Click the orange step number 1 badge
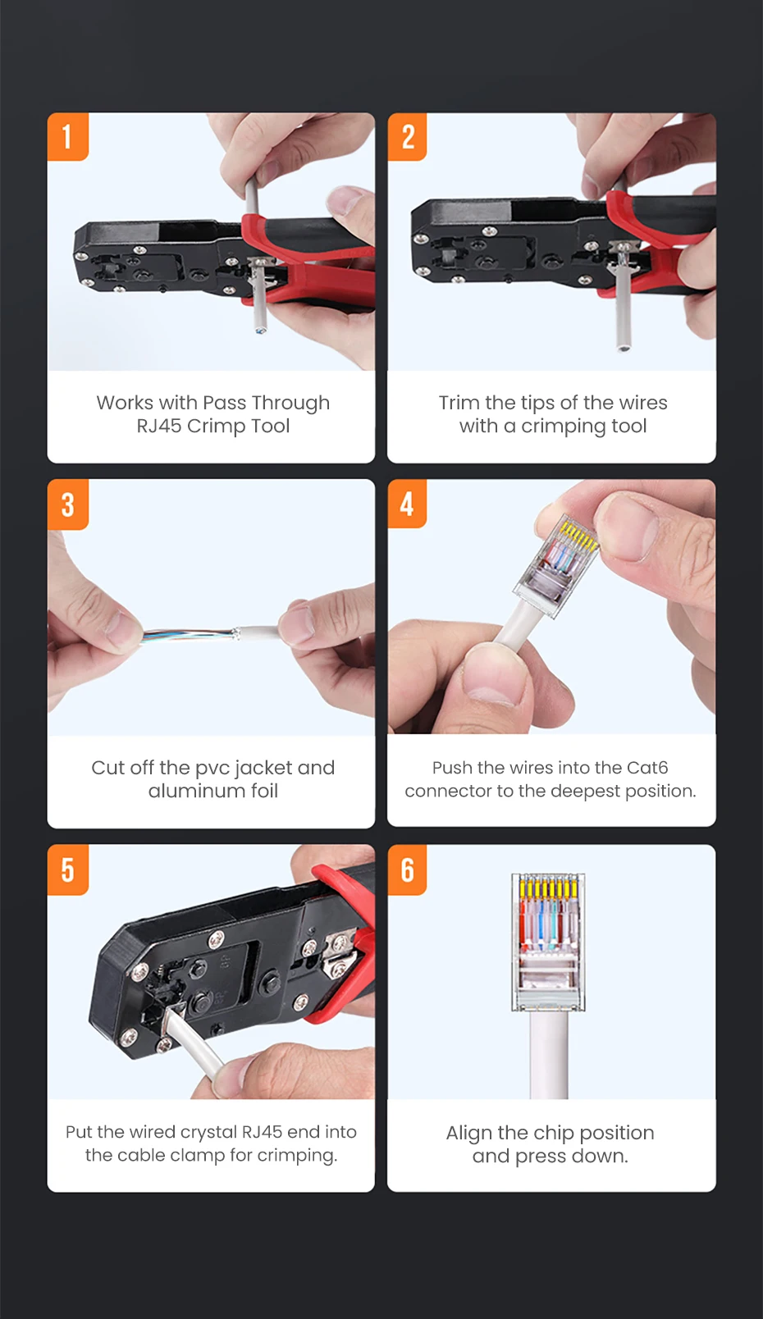point(68,137)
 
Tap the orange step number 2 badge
point(408,137)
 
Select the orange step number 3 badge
point(68,504)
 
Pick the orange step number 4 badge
point(408,504)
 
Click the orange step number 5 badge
point(68,869)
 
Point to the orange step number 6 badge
point(408,869)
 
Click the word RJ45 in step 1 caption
point(159,426)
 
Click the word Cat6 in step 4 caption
point(647,768)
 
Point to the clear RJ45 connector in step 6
point(548,942)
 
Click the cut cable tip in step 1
point(260,329)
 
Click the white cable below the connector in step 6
point(549,1055)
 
